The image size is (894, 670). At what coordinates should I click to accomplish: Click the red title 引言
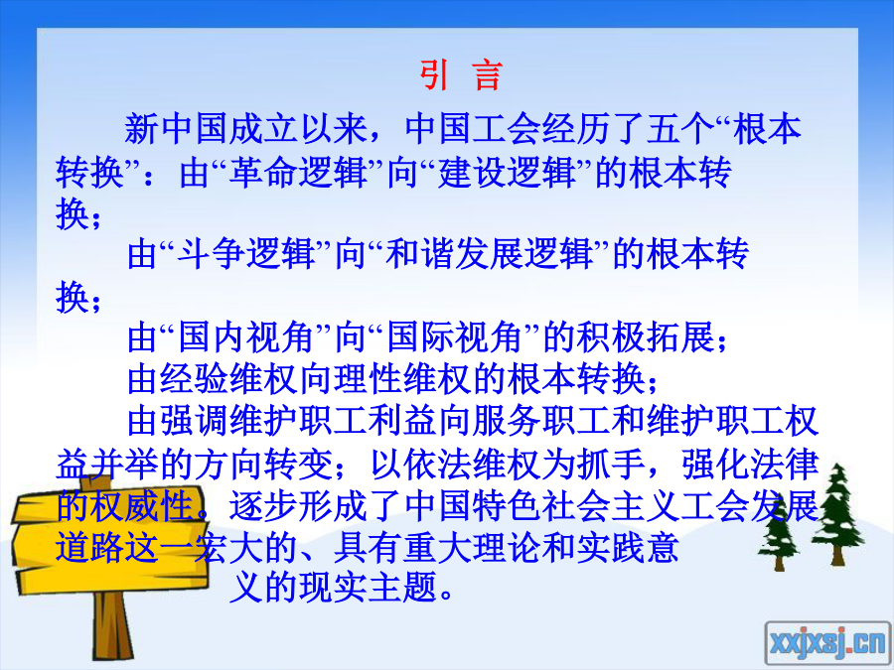click(461, 74)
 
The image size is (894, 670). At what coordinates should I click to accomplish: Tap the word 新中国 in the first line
click(176, 129)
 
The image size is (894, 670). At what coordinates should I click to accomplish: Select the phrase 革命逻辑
click(298, 172)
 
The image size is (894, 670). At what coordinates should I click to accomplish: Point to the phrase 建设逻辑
click(507, 172)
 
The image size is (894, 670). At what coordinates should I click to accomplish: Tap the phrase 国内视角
click(245, 337)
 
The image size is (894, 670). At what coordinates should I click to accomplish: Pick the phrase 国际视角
click(454, 337)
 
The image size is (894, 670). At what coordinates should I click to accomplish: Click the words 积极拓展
click(646, 337)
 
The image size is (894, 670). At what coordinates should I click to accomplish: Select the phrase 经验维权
click(228, 379)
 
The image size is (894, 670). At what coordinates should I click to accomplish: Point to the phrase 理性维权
click(402, 379)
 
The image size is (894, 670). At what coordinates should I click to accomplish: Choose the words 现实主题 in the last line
click(368, 587)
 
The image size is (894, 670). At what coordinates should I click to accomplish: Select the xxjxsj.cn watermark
click(827, 643)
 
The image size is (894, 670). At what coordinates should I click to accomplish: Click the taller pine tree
click(836, 513)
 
